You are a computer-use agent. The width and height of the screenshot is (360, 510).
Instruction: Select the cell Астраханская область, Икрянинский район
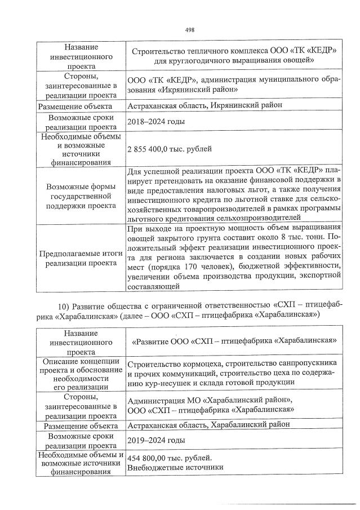(205, 105)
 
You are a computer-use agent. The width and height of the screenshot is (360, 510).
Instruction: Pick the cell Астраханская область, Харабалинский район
(208, 424)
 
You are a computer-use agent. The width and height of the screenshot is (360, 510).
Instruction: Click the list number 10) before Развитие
(65, 305)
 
